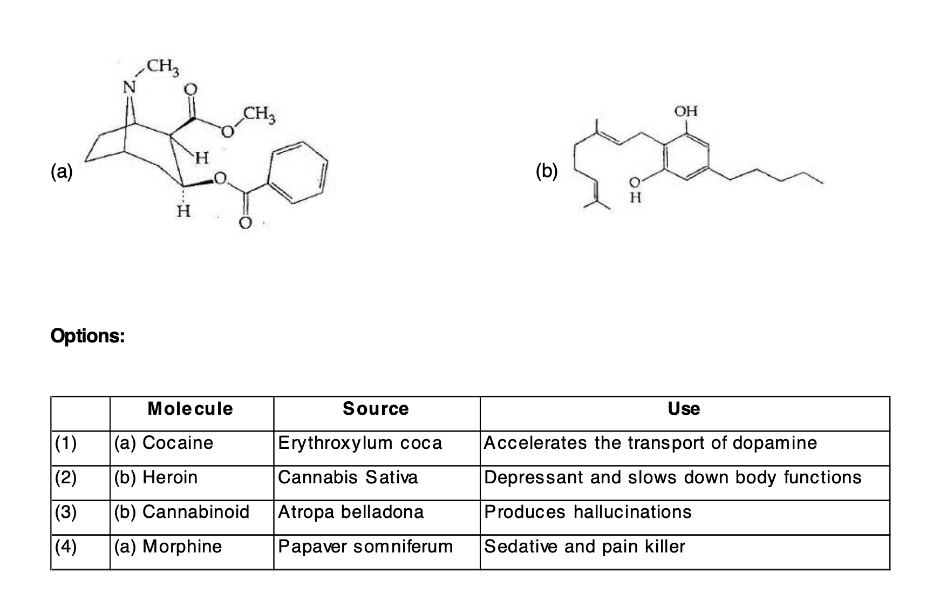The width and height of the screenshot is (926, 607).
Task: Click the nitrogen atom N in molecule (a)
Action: pyautogui.click(x=128, y=86)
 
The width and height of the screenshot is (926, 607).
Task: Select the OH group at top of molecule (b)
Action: pyautogui.click(x=686, y=111)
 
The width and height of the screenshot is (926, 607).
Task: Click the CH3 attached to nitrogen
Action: pyautogui.click(x=162, y=68)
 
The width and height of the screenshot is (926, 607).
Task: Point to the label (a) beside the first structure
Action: pyautogui.click(x=62, y=171)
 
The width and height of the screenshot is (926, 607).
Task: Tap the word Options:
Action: pyautogui.click(x=87, y=336)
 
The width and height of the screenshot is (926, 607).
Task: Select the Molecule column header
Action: pyautogui.click(x=190, y=409)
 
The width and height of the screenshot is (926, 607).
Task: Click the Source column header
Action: pyautogui.click(x=376, y=409)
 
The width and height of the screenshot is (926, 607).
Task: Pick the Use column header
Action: pyautogui.click(x=684, y=409)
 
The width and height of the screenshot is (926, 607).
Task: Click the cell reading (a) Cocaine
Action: pyautogui.click(x=164, y=443)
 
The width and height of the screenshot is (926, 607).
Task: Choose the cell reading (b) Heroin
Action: pyautogui.click(x=156, y=477)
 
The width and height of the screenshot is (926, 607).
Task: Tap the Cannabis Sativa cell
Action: pyautogui.click(x=348, y=477)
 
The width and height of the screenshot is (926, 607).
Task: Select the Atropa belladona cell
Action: pyautogui.click(x=351, y=512)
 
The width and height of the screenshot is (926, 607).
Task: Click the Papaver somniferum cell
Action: pyautogui.click(x=365, y=547)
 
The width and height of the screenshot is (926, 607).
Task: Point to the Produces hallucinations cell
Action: pyautogui.click(x=588, y=512)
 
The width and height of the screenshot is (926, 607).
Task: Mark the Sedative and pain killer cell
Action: pyautogui.click(x=584, y=547)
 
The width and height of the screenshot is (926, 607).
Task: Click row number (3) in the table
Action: pyautogui.click(x=66, y=512)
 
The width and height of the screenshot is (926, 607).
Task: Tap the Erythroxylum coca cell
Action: pyautogui.click(x=360, y=443)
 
